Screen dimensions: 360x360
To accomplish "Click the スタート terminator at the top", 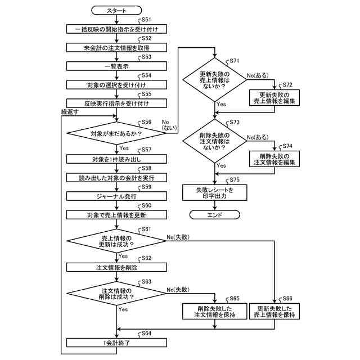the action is (116, 11).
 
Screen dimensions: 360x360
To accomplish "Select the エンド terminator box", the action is (215, 215).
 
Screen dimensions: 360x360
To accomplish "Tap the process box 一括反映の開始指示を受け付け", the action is (116, 29).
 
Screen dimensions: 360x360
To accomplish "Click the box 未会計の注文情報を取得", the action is (116, 48).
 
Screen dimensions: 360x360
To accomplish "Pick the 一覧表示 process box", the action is (116, 66).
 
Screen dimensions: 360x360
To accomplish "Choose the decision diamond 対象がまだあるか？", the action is (116, 133).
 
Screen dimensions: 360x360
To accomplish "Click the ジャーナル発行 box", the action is (116, 196).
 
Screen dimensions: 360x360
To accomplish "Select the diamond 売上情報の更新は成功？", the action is (116, 241).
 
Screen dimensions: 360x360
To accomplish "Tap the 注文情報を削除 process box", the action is (116, 267).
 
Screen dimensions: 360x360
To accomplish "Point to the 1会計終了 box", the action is (116, 343).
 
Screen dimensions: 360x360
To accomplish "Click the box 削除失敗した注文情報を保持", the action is (215, 311).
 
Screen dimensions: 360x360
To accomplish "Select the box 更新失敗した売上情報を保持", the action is (274, 311).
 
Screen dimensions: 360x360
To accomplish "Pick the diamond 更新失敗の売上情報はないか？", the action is (215, 80).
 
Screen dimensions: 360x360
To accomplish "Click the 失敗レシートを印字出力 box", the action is (215, 192).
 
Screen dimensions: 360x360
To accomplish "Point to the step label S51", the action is (146, 20).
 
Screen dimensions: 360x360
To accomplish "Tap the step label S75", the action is (235, 179).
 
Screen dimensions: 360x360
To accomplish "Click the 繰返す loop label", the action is (70, 112).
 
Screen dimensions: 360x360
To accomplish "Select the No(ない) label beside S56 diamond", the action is (169, 125).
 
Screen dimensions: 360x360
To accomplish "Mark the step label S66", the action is (287, 298).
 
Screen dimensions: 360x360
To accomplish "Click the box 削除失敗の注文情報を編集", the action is (274, 159).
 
